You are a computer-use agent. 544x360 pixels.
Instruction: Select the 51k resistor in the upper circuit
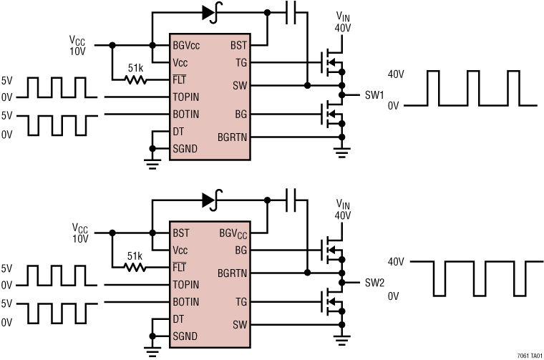click(135, 79)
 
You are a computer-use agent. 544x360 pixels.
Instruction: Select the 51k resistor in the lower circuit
click(135, 266)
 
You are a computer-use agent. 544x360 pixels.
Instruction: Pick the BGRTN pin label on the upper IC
click(232, 137)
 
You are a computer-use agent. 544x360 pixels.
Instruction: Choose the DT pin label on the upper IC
click(179, 132)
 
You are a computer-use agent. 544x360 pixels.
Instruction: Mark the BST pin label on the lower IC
click(180, 233)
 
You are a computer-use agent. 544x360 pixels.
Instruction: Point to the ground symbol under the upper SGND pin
click(152, 163)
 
